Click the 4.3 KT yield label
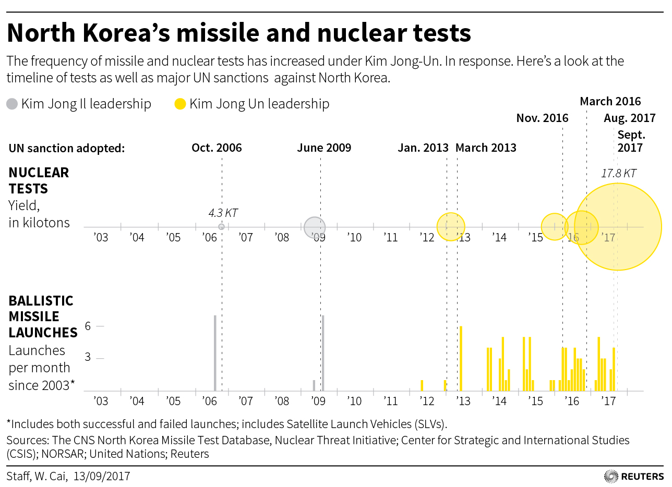pos(223,213)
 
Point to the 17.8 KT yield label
pos(619,174)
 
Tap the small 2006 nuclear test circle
pos(221,227)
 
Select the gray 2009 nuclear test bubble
pos(314,227)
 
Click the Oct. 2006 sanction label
pos(217,148)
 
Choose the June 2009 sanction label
pos(324,148)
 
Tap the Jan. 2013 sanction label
pos(423,148)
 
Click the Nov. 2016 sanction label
pos(542,118)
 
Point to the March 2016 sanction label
pos(610,101)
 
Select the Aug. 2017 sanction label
pos(629,118)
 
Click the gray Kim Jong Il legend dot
pos(12,104)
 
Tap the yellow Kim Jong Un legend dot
pos(180,104)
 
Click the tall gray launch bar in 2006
pos(215,352)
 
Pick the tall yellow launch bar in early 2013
pos(461,358)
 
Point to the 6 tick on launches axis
pos(88,326)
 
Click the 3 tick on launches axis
pos(88,358)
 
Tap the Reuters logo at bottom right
pos(633,476)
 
